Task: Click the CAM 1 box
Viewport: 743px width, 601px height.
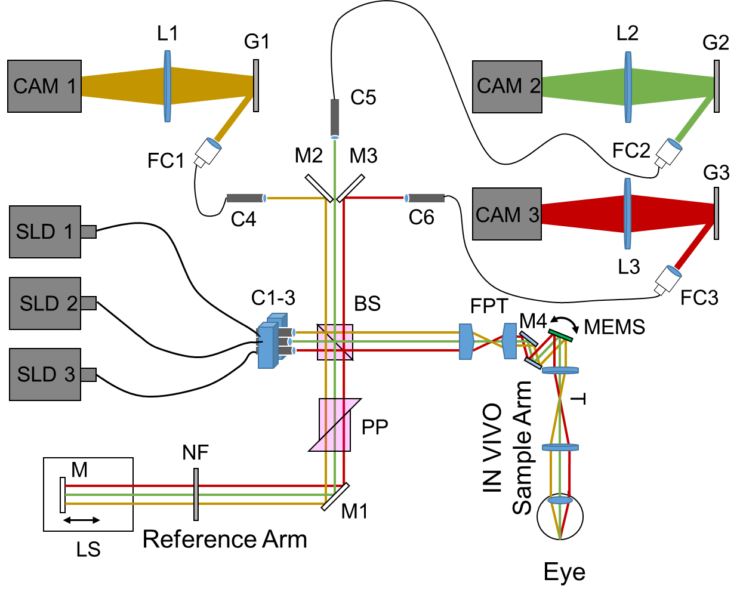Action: pyautogui.click(x=44, y=86)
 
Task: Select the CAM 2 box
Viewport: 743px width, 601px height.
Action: pyautogui.click(x=507, y=87)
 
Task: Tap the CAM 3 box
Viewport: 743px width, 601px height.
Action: pyautogui.click(x=507, y=214)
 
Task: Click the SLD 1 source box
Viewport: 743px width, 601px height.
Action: pyautogui.click(x=45, y=232)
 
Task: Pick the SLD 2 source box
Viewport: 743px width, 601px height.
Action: pyautogui.click(x=45, y=303)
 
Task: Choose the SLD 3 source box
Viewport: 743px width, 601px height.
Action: pyautogui.click(x=45, y=374)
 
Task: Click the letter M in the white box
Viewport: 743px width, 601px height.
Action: pyautogui.click(x=79, y=470)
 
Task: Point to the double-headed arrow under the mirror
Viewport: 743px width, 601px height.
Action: pyautogui.click(x=82, y=520)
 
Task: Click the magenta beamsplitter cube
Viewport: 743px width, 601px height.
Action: pyautogui.click(x=335, y=425)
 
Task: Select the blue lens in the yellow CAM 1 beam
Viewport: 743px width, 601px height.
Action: pyautogui.click(x=168, y=86)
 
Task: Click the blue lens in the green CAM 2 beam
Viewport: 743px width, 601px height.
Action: pyautogui.click(x=628, y=87)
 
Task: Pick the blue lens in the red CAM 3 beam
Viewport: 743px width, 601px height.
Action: pyautogui.click(x=627, y=214)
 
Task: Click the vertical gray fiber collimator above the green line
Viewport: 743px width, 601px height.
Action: pyautogui.click(x=335, y=118)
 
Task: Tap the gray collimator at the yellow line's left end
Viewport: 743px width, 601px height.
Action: pyautogui.click(x=245, y=198)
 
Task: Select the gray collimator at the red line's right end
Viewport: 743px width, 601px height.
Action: pyautogui.click(x=426, y=198)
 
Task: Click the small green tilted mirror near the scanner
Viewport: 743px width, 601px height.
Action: pyautogui.click(x=560, y=335)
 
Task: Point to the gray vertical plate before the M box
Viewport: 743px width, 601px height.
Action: pyautogui.click(x=196, y=494)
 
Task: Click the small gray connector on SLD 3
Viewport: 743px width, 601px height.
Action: pyautogui.click(x=88, y=375)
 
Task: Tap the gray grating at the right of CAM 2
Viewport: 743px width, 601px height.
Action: pyautogui.click(x=716, y=86)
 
